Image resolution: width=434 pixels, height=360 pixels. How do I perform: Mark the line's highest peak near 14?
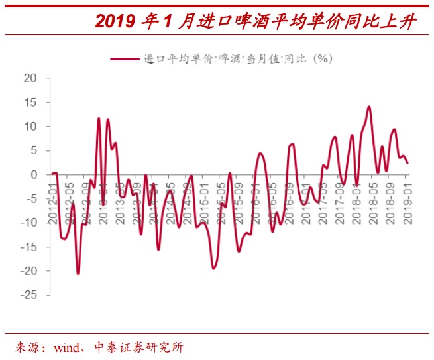coord(368,107)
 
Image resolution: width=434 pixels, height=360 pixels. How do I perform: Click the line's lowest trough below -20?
coord(78,273)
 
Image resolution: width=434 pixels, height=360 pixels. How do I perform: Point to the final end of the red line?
coord(407,163)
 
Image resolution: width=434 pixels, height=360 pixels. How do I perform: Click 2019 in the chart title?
coord(115,21)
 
